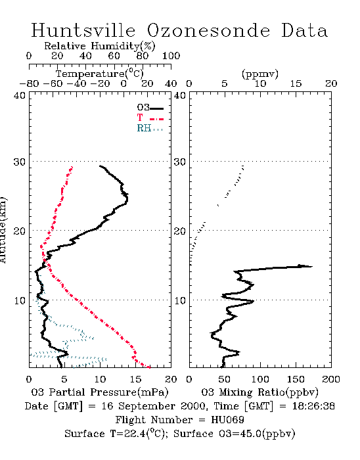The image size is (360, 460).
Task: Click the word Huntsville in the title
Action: pos(83,30)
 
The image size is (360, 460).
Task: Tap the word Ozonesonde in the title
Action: pos(208,30)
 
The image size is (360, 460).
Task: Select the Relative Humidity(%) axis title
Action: pos(100,46)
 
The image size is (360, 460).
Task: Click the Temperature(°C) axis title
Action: pos(100,74)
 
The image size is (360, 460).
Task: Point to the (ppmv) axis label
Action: pos(260,74)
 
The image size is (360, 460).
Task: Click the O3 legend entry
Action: pos(150,108)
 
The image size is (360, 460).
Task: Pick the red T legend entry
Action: pos(150,118)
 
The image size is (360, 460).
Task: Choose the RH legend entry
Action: pos(150,128)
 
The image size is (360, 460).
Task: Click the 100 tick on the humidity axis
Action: pos(171,56)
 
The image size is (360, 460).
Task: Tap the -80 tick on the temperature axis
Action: pos(29,83)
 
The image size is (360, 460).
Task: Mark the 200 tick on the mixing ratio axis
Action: pos(331,379)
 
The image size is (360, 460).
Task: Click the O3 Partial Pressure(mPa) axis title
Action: pos(100,392)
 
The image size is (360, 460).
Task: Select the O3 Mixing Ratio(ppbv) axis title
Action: pos(259,392)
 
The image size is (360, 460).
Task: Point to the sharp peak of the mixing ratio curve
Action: pos(312,266)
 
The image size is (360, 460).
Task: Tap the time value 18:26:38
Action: pos(313,406)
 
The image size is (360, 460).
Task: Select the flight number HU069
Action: pos(227,420)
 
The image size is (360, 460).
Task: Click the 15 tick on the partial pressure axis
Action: pos(135,379)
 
